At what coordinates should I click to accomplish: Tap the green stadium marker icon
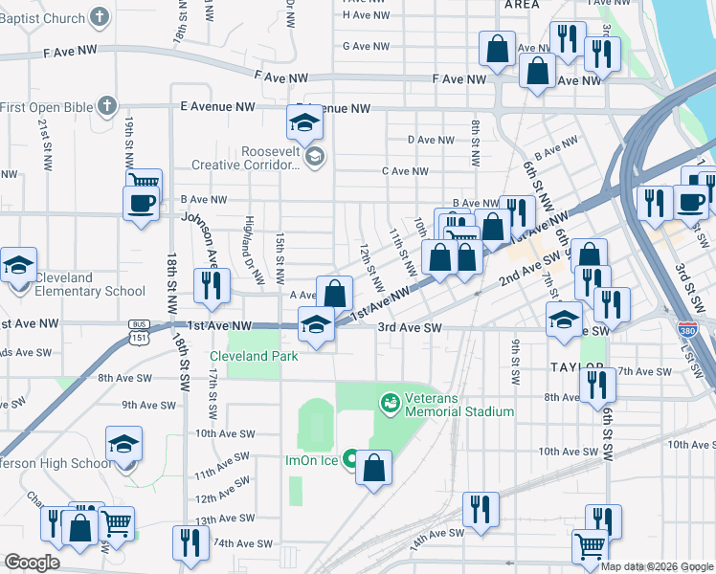tap(390, 403)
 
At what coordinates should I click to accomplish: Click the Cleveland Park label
tap(254, 356)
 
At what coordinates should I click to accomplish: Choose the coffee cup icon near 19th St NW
tap(141, 205)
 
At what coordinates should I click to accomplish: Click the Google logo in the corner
tap(32, 563)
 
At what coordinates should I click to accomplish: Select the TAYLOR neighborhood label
tap(577, 367)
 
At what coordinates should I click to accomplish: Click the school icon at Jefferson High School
tap(123, 446)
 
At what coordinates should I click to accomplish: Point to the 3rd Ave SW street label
tap(409, 327)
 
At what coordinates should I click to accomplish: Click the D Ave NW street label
tap(431, 140)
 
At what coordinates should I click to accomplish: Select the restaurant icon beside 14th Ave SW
tap(480, 510)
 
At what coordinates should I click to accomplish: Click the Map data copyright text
tap(658, 566)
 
